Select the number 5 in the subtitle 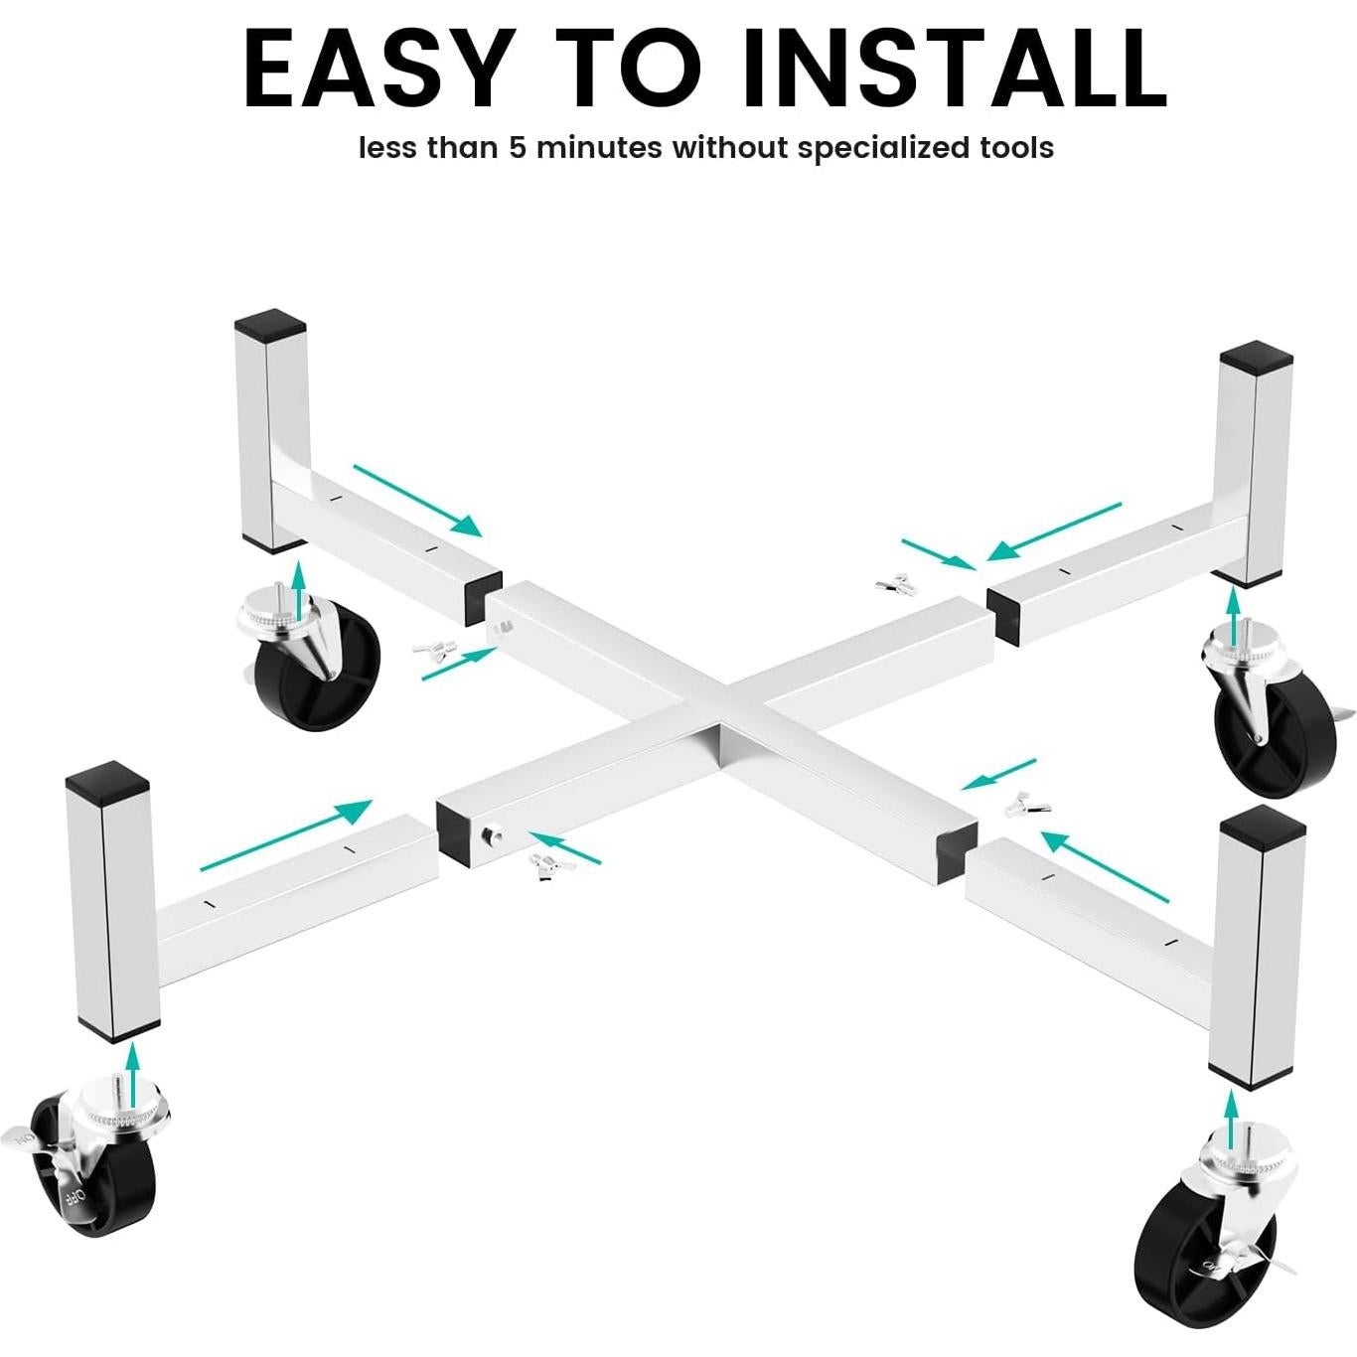point(521,149)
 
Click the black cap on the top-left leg point(269,322)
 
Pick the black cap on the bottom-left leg point(107,777)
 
